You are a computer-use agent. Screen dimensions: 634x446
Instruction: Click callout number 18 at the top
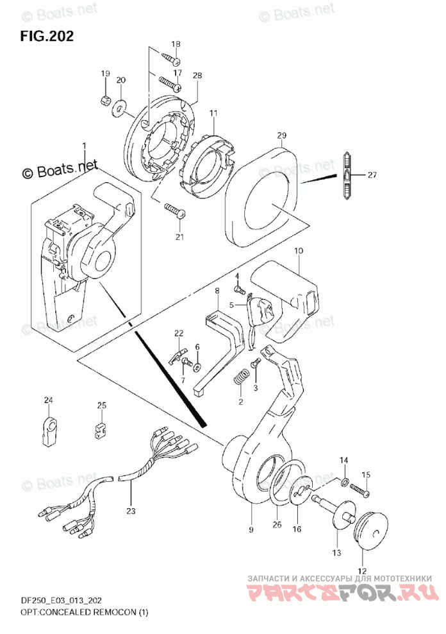[176, 44]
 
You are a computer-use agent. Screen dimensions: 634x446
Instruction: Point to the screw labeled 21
[174, 210]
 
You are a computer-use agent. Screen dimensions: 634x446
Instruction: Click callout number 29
[282, 136]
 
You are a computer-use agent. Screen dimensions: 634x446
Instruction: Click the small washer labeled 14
[345, 483]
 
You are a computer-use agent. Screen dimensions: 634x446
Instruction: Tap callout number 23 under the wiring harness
[131, 511]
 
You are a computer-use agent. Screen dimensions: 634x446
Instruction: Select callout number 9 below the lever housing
[251, 529]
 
